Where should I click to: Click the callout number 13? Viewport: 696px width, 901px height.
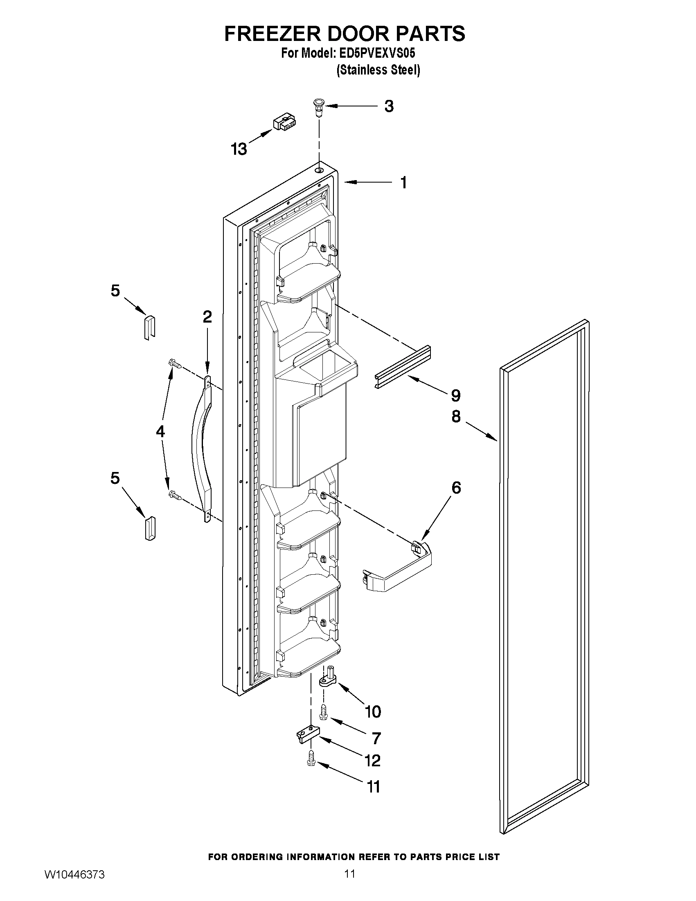(x=239, y=149)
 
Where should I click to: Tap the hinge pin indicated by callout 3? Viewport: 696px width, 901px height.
(x=318, y=107)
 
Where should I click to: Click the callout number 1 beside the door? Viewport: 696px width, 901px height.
(x=403, y=182)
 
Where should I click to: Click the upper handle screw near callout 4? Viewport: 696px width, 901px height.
(x=175, y=364)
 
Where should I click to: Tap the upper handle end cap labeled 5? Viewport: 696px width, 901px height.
(x=149, y=327)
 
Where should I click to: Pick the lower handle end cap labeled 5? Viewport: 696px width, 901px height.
(x=149, y=528)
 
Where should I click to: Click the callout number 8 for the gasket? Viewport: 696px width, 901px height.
(x=456, y=417)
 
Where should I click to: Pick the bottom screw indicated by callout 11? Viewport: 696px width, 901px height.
(x=311, y=759)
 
